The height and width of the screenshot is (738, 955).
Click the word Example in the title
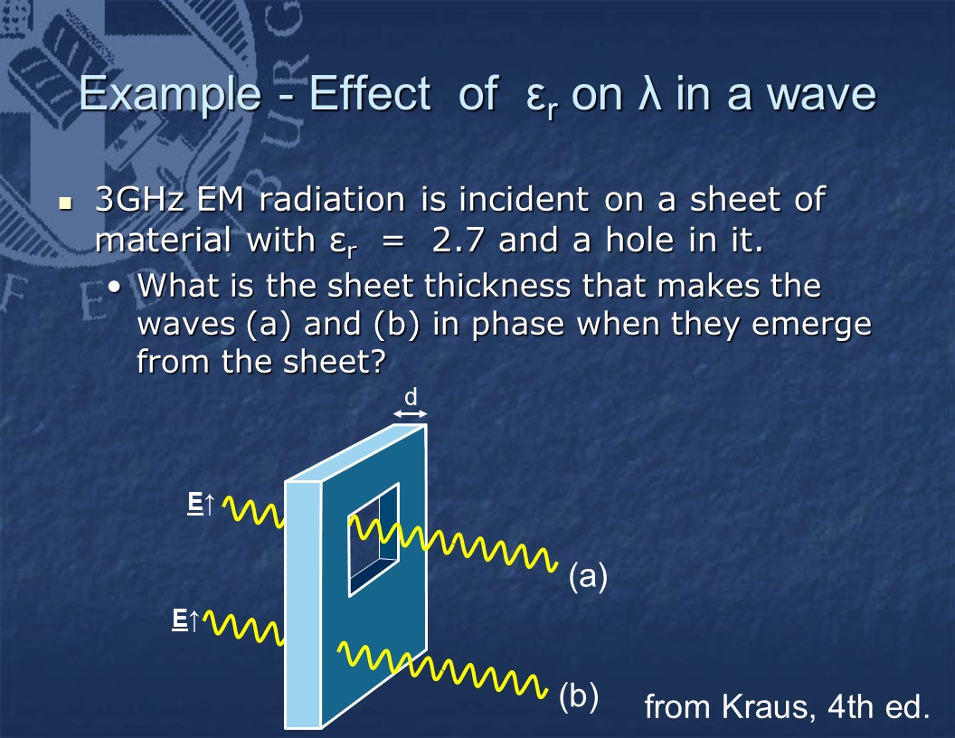170,94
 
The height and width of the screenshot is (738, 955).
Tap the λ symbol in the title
650,93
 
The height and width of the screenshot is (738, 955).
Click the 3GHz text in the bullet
139,199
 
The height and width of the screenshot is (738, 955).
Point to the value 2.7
459,240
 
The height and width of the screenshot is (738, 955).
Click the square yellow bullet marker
65,203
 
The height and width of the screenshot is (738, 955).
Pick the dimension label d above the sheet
411,397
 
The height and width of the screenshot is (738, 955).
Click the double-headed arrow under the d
410,414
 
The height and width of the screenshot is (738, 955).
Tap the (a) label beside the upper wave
588,575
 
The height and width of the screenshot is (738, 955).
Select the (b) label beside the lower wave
579,696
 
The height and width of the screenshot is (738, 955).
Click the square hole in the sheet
373,540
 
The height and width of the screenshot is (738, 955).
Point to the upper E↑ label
201,504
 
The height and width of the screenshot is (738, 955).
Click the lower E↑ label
185,620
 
